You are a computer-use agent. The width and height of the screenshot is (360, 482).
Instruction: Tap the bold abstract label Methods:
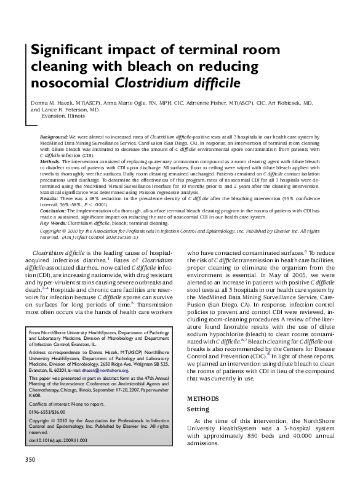pos(51,159)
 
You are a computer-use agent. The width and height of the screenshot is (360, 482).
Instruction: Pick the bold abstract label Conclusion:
pos(54,211)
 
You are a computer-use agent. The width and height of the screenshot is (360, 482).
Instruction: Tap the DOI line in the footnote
pos(58,440)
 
